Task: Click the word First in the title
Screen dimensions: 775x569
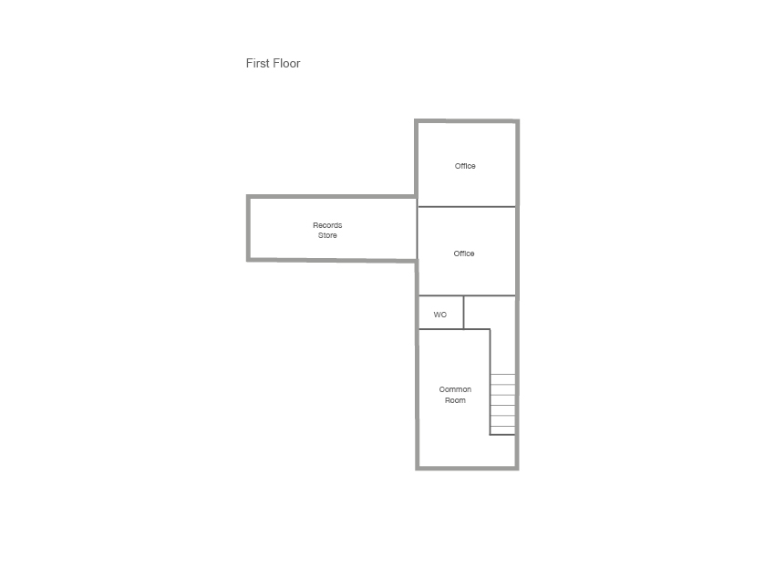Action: click(x=257, y=63)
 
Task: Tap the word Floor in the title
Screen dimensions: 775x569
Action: click(x=287, y=63)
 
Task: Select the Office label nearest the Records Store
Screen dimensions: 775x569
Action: click(x=464, y=253)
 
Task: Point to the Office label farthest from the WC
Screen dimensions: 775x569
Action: click(x=465, y=166)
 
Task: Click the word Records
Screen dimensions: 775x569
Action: click(x=327, y=225)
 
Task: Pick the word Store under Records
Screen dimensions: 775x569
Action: click(x=327, y=235)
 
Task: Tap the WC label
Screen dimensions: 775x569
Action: click(x=439, y=315)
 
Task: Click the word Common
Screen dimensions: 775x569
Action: click(x=455, y=389)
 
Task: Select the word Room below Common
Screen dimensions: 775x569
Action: click(x=455, y=400)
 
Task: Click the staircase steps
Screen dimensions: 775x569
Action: click(x=502, y=404)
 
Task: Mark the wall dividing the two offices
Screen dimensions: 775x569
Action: click(x=467, y=207)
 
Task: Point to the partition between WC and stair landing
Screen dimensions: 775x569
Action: click(x=463, y=312)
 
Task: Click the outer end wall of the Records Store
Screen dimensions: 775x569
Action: click(x=248, y=228)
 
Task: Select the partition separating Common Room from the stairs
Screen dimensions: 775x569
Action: click(x=490, y=382)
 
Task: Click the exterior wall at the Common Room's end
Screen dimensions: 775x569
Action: click(x=467, y=467)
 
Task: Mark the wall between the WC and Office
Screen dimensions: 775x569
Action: click(x=441, y=295)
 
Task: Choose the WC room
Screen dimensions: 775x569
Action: click(x=441, y=312)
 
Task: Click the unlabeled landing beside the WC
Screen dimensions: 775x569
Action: click(x=490, y=312)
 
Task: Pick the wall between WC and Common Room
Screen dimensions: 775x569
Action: click(x=441, y=329)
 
